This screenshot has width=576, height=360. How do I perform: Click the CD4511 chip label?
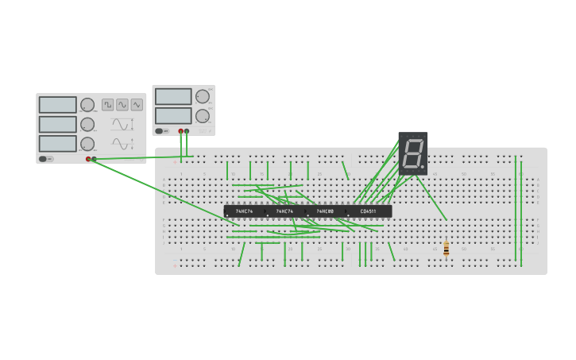(x=368, y=211)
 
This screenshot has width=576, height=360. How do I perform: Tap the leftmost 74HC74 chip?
(x=244, y=211)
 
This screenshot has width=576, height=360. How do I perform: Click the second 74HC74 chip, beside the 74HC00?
(x=284, y=211)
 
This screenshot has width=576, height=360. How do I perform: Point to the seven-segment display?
(x=413, y=153)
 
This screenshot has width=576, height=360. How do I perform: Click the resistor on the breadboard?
(x=446, y=249)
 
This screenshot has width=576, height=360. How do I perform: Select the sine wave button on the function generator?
(x=122, y=104)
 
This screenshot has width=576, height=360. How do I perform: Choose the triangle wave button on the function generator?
(x=137, y=104)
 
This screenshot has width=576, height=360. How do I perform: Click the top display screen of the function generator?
(x=58, y=105)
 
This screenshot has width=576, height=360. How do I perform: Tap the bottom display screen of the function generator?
(x=58, y=144)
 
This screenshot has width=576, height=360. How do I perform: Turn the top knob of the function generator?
(x=87, y=105)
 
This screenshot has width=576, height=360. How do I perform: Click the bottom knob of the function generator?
(x=87, y=144)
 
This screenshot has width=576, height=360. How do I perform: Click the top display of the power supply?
(x=173, y=97)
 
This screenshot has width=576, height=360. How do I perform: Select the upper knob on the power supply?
(x=203, y=97)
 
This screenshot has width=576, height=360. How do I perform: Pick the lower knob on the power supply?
(x=203, y=115)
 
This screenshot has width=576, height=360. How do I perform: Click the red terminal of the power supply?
(x=181, y=131)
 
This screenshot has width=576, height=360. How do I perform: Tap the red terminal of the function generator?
(x=88, y=159)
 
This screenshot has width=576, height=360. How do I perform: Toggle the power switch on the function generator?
(x=44, y=159)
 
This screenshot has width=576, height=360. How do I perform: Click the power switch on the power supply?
(x=160, y=131)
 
